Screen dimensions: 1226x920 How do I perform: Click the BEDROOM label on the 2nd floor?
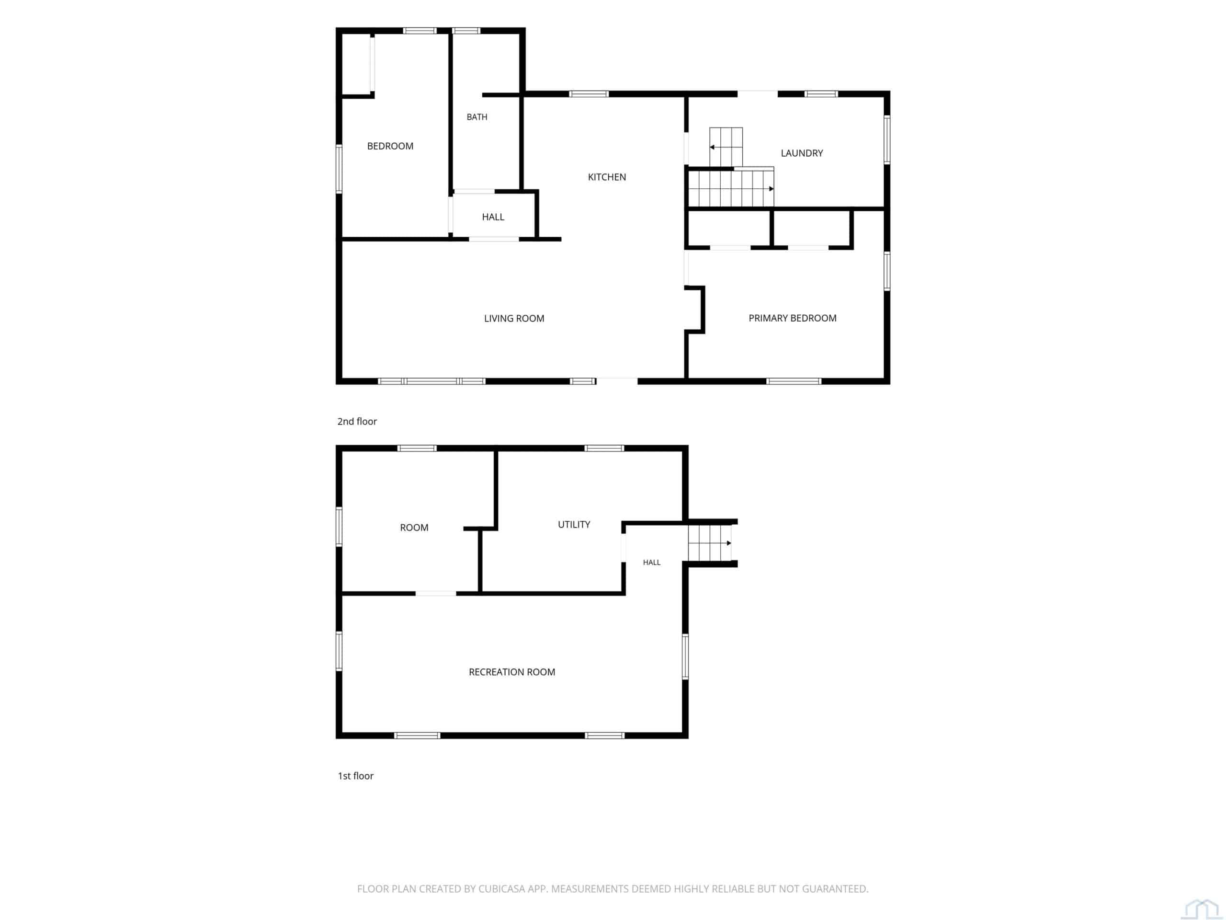390,146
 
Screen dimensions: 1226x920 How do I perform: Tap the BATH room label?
477,117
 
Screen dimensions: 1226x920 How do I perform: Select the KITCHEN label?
607,177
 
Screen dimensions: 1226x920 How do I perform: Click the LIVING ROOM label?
514,318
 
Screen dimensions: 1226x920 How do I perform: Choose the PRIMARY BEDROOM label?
793,318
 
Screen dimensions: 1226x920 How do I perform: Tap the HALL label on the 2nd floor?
493,217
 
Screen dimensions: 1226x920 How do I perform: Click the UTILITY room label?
574,524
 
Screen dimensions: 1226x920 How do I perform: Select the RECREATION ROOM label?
511,672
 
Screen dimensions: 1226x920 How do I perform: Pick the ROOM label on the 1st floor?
414,528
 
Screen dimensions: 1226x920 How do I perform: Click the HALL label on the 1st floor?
651,563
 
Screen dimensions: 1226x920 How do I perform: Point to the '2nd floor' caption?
357,422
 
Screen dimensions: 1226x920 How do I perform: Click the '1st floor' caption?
355,776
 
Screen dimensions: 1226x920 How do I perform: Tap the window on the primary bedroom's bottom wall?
794,381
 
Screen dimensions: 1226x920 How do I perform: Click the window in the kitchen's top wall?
589,94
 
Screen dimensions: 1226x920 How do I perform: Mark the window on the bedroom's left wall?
339,169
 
